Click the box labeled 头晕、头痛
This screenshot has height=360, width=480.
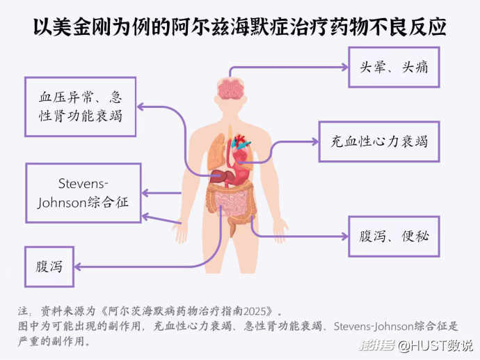394,67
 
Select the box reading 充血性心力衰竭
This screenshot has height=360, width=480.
378,141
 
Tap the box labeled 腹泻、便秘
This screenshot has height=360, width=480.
394,235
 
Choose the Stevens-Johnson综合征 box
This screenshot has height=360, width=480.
83,193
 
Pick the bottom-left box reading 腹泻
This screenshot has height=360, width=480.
49,266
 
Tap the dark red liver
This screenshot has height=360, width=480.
221,174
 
